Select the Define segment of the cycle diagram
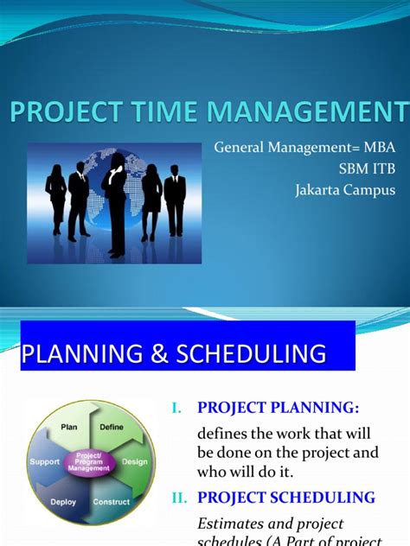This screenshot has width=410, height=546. tap(112, 427)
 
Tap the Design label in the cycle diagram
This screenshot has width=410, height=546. tap(135, 462)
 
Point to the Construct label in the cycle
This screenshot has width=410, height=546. tap(112, 501)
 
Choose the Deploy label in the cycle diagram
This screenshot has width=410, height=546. tap(63, 501)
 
